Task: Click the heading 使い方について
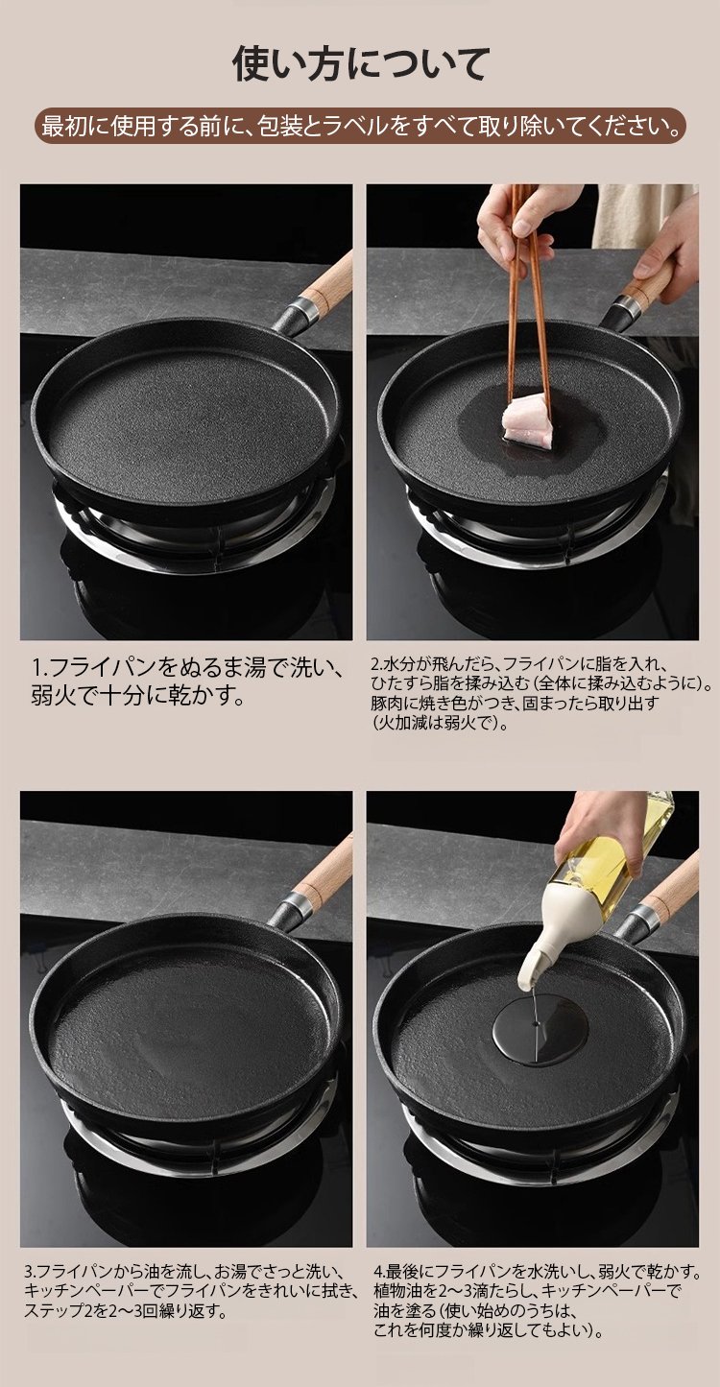point(360,63)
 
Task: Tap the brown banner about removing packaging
point(360,127)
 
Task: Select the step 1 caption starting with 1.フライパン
point(186,682)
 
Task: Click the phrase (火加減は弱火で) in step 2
point(440,723)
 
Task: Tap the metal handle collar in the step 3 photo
point(295,906)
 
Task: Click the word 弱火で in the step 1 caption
point(67,697)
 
